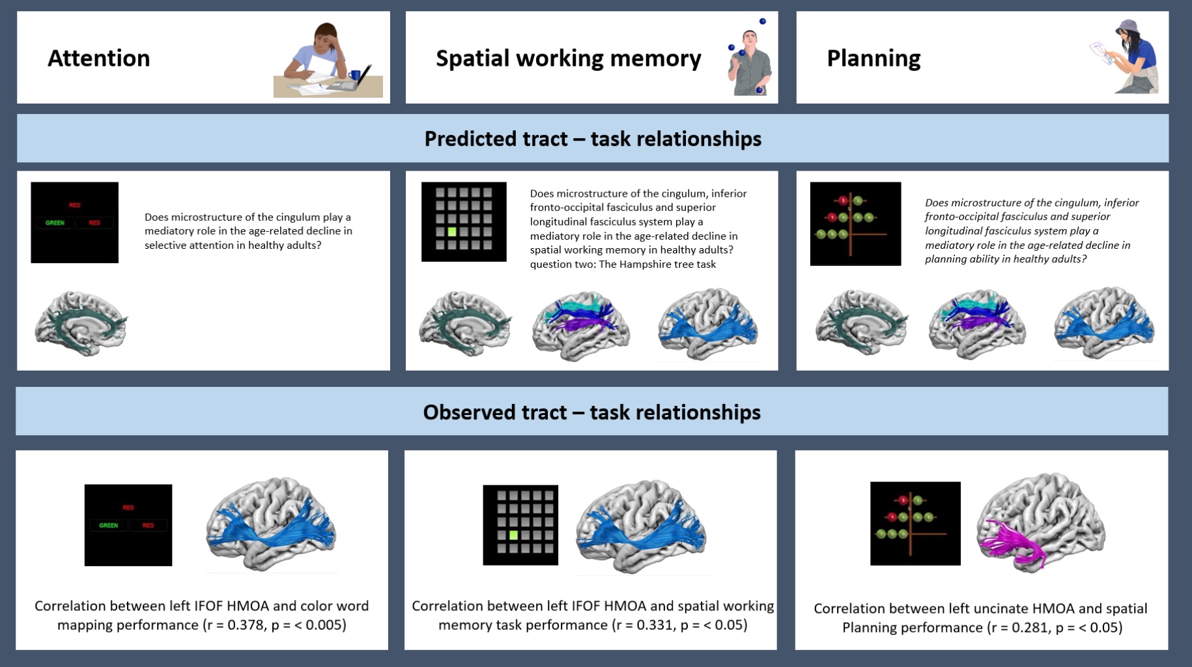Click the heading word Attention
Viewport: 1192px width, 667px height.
(99, 58)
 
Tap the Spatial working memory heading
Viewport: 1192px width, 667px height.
(569, 59)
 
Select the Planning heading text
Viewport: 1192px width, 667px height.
(873, 59)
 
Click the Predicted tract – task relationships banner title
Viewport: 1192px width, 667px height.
(593, 139)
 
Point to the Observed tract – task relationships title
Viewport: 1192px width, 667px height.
(592, 412)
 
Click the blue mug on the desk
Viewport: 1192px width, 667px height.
(354, 75)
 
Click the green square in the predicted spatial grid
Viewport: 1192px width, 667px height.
(452, 231)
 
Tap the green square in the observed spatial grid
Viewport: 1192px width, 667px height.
(513, 535)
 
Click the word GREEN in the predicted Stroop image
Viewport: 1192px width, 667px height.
(55, 223)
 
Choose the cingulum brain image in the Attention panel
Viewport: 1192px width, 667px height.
(81, 323)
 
